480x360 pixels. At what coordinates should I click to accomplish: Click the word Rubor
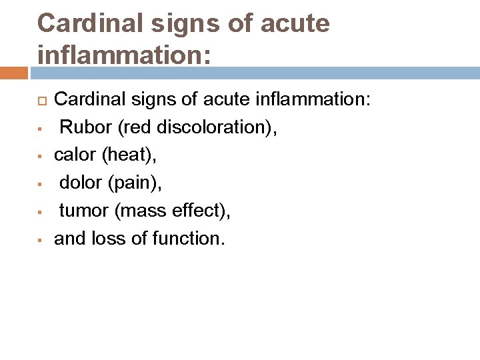[x=83, y=127]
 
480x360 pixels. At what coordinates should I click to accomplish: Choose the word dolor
[x=80, y=183]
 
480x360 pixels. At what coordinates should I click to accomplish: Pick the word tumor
[x=84, y=211]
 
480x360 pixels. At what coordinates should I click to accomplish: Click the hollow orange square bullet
[x=41, y=101]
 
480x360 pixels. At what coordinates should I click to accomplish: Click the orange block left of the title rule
[x=13, y=72]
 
